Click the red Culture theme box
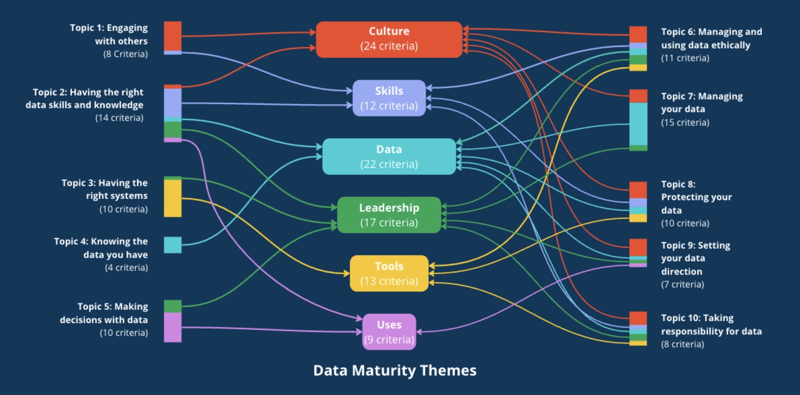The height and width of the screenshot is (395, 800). tap(389, 39)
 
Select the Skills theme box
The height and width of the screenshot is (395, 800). tap(389, 98)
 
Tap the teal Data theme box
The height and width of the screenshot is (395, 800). tap(389, 156)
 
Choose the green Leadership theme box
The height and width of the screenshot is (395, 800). tap(389, 215)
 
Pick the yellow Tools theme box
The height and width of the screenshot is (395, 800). tap(389, 273)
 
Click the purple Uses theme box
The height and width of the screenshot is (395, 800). tap(389, 332)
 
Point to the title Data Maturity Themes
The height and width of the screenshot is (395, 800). tap(395, 370)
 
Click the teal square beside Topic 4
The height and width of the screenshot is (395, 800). tap(173, 245)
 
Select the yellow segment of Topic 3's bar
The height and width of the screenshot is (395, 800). tap(173, 198)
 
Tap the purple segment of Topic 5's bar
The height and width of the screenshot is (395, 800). tap(173, 327)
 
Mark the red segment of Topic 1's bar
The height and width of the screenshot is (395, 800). tap(173, 36)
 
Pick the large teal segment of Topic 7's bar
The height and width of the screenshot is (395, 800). tap(638, 124)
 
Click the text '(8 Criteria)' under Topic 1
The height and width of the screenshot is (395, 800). tap(125, 54)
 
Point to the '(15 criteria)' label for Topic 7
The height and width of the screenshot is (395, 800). tap(685, 122)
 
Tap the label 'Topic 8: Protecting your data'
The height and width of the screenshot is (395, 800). tap(696, 197)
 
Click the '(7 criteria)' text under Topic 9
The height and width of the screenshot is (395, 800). tap(682, 284)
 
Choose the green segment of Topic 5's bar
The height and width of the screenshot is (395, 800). tap(173, 306)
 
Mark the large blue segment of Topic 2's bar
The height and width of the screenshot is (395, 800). tap(173, 103)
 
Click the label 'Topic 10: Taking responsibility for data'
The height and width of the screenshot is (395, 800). tap(711, 325)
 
